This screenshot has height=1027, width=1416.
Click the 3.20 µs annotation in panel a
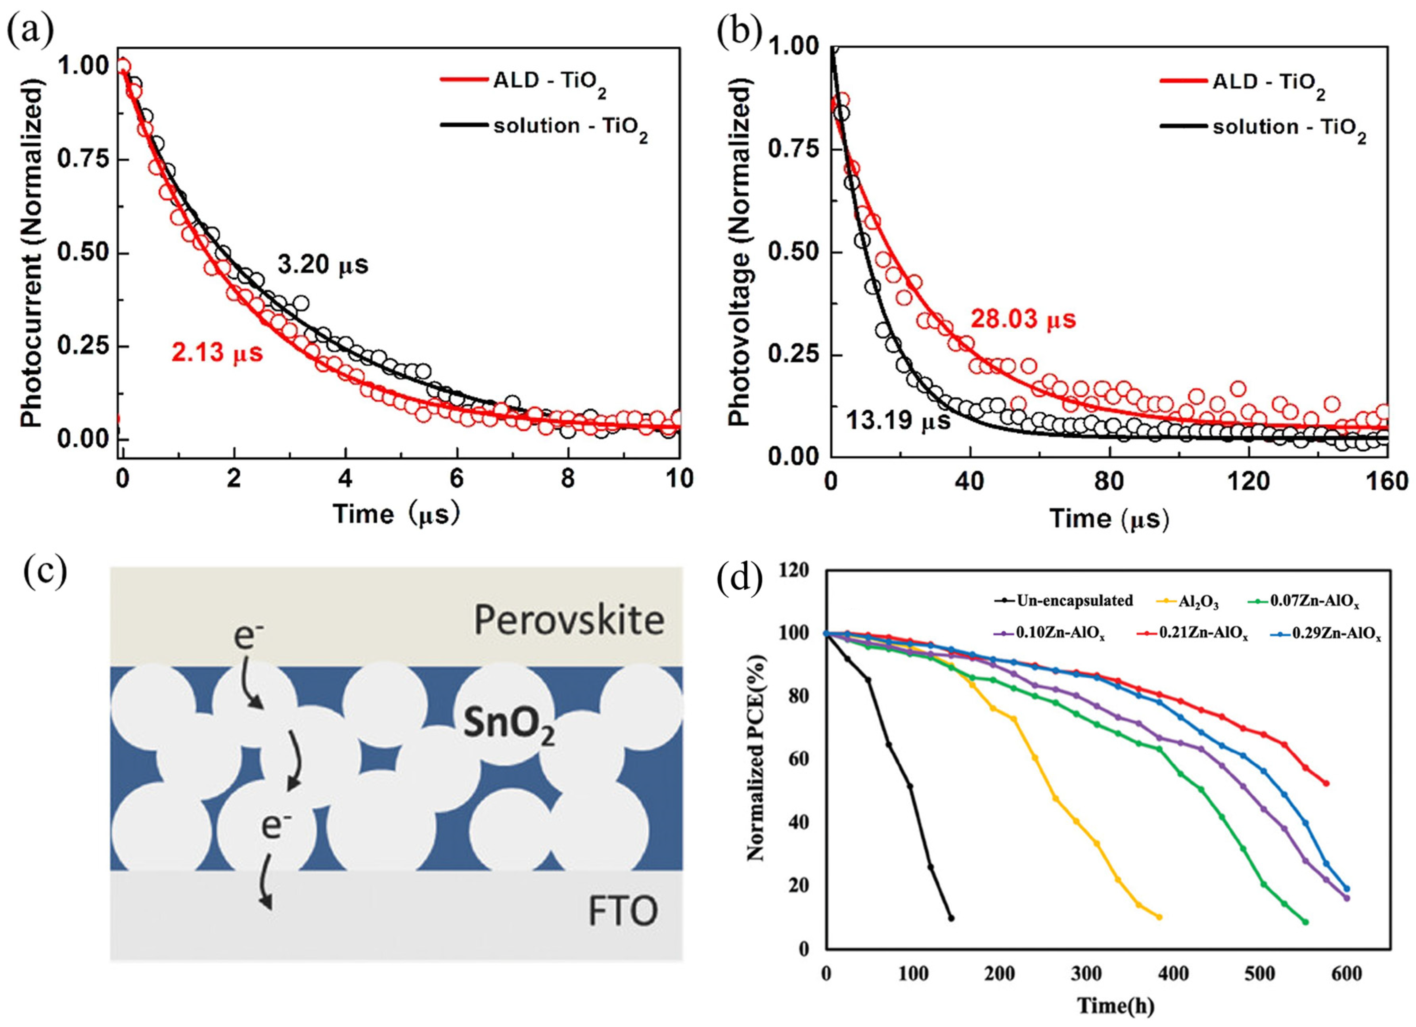tap(323, 265)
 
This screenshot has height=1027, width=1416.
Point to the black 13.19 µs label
tap(898, 420)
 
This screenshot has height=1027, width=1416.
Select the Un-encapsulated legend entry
tap(1073, 601)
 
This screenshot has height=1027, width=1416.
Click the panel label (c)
tap(45, 573)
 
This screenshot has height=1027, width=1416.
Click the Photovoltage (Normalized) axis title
tap(739, 256)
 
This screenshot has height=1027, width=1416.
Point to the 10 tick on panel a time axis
tap(679, 479)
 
